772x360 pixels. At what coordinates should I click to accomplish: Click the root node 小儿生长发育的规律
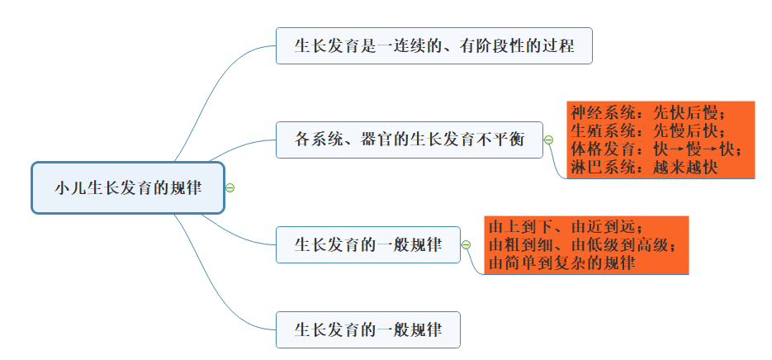coord(128,187)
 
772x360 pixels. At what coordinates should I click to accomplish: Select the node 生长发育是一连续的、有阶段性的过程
coord(433,45)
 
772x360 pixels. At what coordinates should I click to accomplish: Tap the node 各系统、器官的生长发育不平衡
coord(410,139)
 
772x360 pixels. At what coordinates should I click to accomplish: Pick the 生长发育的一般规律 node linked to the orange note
coord(367,244)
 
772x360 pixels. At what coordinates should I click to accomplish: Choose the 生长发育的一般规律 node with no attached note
coord(367,329)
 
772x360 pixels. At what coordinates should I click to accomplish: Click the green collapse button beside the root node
coord(230,187)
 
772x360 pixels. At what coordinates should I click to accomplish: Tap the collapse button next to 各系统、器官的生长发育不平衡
coord(548,140)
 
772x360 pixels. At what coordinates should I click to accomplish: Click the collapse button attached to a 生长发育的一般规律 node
coord(466,244)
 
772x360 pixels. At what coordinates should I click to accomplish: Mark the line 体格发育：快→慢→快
coord(656,149)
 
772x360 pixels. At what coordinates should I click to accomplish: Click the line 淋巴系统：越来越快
coord(644,167)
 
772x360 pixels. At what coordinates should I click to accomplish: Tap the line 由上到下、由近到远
coord(565,227)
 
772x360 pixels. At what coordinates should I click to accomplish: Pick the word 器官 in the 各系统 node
coord(377,139)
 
